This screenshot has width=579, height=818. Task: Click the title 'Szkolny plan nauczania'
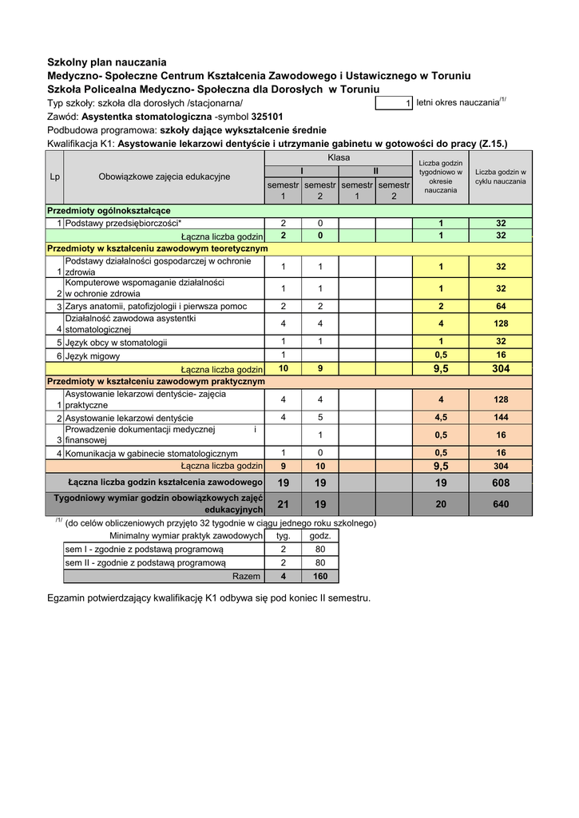coord(107,62)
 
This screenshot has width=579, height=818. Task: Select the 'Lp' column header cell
coord(54,177)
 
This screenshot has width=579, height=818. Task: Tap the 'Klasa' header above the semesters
coord(339,158)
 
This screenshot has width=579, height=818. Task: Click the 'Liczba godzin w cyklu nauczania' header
coord(501,177)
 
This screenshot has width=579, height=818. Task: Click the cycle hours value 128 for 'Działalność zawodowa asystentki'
coord(501,324)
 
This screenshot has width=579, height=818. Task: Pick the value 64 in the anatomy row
coord(501,306)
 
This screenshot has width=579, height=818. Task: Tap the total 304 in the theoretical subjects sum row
coord(501,369)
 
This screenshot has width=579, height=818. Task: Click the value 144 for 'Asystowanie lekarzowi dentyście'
coord(501,418)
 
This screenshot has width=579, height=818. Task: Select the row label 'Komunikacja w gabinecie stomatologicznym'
coord(152,453)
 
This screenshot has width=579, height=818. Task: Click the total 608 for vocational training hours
coord(501,482)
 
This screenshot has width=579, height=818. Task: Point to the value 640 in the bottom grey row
coord(501,504)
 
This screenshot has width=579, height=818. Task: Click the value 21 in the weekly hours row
coord(283,504)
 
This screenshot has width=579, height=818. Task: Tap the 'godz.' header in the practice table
coord(319,535)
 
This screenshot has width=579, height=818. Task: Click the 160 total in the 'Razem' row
coord(319,576)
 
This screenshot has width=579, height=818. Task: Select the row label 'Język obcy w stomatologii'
coord(117,343)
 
